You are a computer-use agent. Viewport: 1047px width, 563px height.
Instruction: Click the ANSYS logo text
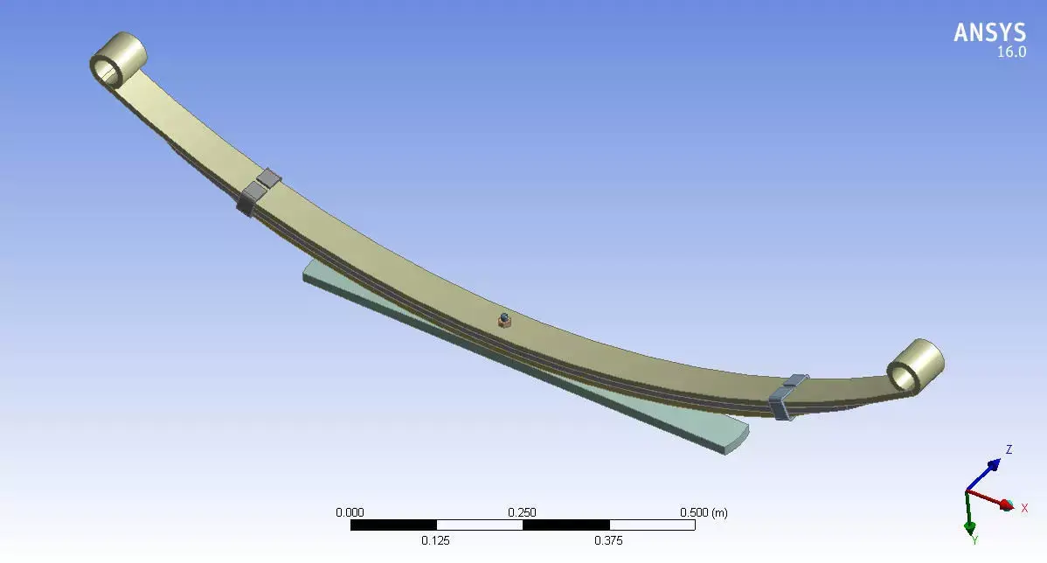pyautogui.click(x=989, y=33)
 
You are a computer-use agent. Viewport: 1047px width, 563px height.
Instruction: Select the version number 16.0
pyautogui.click(x=1011, y=52)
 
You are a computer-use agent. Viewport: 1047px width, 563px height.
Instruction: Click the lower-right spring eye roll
pyautogui.click(x=915, y=365)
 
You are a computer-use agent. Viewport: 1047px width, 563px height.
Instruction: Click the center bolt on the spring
pyautogui.click(x=503, y=320)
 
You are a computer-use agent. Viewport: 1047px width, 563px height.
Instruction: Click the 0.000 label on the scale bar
pyautogui.click(x=350, y=512)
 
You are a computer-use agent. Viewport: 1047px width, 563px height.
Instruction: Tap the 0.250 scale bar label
pyautogui.click(x=523, y=512)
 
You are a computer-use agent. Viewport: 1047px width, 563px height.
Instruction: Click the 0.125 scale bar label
pyautogui.click(x=436, y=541)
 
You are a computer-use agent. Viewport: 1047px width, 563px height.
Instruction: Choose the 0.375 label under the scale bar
pyautogui.click(x=608, y=541)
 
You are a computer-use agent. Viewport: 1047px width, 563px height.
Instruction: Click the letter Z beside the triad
pyautogui.click(x=1009, y=449)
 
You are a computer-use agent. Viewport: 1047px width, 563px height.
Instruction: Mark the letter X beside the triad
pyautogui.click(x=1024, y=508)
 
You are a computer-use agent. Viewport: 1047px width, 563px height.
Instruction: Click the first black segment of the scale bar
pyautogui.click(x=393, y=525)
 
